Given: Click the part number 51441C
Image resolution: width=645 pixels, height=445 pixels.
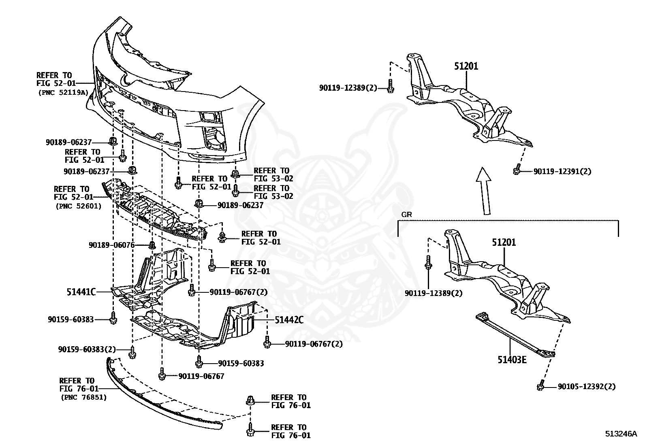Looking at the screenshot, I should (81, 292).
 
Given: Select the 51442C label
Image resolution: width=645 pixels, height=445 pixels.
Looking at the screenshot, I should (289, 320).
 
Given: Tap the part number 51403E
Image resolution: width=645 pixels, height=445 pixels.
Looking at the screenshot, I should (512, 359).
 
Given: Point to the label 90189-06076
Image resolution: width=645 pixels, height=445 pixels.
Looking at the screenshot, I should (111, 245).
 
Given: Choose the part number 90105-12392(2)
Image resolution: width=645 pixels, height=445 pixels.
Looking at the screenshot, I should (586, 387).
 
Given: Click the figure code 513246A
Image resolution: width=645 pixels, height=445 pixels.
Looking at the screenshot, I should (621, 434).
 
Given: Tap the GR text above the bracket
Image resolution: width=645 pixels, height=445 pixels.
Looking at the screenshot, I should (406, 215).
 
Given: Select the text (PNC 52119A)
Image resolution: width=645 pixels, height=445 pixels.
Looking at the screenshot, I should (63, 92).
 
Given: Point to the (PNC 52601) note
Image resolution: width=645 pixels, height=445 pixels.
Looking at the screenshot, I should (78, 206).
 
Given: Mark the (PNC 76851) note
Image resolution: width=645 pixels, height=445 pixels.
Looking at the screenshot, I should (84, 398).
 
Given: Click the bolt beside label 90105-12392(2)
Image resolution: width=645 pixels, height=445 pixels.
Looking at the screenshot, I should (540, 387).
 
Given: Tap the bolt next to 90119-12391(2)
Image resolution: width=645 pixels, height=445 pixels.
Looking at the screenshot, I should (517, 170).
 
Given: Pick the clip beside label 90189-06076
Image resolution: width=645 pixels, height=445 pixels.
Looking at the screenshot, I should (152, 245).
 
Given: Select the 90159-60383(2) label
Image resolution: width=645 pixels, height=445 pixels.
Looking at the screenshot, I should (87, 349).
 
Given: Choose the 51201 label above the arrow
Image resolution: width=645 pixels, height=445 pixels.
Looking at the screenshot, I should (466, 66).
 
